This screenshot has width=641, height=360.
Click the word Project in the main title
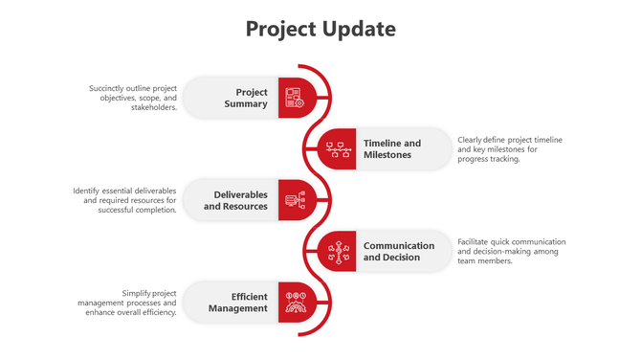[279, 29]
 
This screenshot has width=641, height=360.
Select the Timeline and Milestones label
[392, 149]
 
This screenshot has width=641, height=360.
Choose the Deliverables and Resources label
[235, 200]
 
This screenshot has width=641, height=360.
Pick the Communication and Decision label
[398, 251]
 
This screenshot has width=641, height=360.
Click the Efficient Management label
[238, 302]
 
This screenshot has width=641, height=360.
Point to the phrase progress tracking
[489, 159]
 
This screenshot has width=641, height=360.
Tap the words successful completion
[137, 210]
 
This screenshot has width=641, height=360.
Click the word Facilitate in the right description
[475, 241]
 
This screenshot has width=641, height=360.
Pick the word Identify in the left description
[88, 191]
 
